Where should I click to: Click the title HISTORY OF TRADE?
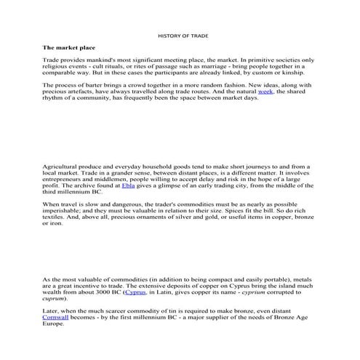coord(180,35)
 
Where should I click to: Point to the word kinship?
coord(295,73)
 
